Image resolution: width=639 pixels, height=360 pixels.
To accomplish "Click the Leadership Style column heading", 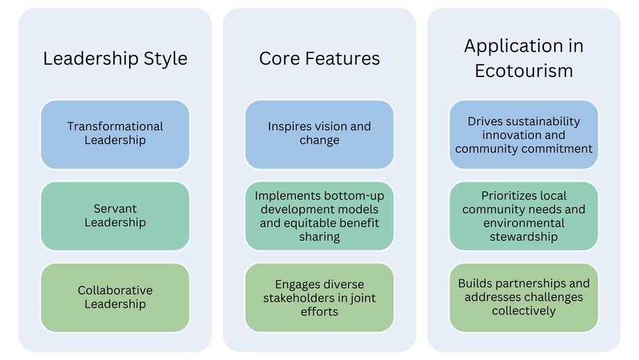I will (x=115, y=58).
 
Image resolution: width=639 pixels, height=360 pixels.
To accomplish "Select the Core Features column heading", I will (x=319, y=58).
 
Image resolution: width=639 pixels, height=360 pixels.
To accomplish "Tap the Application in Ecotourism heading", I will (x=524, y=58).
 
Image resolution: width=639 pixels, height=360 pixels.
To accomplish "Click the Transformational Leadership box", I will (x=115, y=134).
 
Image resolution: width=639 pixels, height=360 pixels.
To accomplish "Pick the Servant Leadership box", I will (x=115, y=215).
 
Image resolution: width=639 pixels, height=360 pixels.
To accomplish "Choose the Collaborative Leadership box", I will (x=115, y=297).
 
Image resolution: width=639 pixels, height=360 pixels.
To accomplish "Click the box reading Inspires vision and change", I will (x=319, y=134).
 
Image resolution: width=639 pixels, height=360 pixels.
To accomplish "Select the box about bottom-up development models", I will (x=319, y=215).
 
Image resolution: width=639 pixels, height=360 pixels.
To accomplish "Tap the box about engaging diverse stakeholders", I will (x=319, y=297).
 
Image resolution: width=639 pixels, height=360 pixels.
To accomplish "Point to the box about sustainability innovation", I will (x=524, y=134).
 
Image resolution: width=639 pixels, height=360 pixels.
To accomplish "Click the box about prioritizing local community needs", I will (x=524, y=215).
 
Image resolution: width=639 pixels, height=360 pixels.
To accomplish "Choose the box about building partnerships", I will (x=524, y=297).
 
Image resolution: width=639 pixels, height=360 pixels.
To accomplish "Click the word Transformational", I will (x=115, y=126).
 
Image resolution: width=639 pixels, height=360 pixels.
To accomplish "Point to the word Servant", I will (x=115, y=208).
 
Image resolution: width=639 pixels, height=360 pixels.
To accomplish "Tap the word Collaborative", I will (x=115, y=291).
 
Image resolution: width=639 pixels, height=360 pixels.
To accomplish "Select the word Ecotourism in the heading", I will (x=524, y=70).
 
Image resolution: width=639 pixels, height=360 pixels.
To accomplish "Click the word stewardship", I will (x=524, y=236).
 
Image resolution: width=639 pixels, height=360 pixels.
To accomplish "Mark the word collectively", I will (x=524, y=311).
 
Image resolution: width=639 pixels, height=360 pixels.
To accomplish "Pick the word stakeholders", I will (x=301, y=297).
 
